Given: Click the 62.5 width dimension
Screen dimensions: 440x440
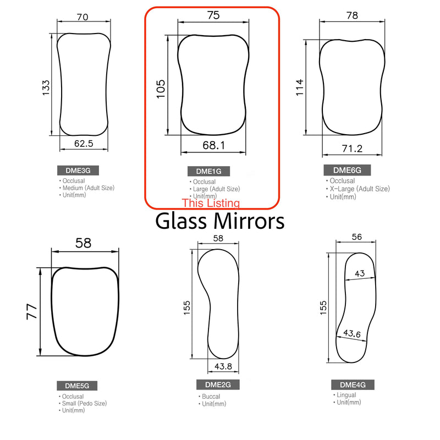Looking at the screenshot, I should (x=84, y=144).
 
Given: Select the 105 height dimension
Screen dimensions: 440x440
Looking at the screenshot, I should (x=161, y=88).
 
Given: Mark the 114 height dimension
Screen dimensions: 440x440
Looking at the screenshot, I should (x=300, y=87).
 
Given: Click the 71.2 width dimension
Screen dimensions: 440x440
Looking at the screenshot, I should (x=351, y=148).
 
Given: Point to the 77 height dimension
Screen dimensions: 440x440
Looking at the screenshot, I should (x=32, y=312).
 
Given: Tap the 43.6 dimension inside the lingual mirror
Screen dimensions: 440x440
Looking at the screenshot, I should (x=352, y=333).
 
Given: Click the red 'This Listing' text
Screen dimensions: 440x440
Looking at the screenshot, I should (x=211, y=203).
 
